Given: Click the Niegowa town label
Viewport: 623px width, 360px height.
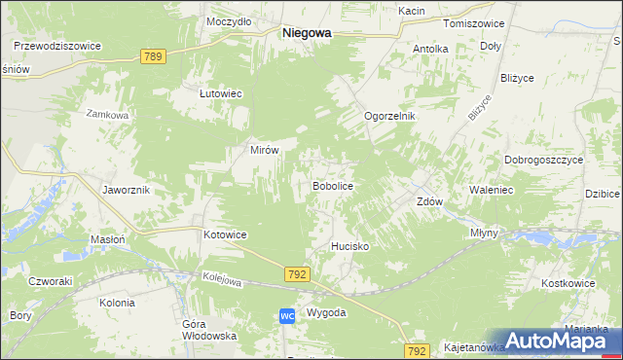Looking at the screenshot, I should click(x=306, y=32).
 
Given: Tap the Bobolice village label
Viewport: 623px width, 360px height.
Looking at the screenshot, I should click(x=331, y=185).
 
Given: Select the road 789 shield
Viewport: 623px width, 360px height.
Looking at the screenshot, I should click(x=151, y=56).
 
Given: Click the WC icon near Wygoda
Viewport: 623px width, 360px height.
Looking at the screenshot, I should click(x=287, y=316).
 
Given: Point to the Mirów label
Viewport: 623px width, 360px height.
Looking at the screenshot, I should click(x=266, y=151).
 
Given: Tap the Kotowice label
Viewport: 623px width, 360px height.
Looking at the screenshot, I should click(x=226, y=235).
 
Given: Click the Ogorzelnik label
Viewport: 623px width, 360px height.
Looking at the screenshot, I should click(x=389, y=116).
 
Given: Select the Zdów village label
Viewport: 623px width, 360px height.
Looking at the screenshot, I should click(x=429, y=202).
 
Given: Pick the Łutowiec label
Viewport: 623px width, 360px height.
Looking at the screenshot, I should click(x=220, y=93).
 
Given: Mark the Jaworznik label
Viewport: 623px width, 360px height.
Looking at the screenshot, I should click(x=126, y=190).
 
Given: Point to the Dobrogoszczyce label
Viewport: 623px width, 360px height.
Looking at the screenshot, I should click(x=543, y=160).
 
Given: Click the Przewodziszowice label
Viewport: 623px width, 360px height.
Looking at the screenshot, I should click(x=57, y=45).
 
